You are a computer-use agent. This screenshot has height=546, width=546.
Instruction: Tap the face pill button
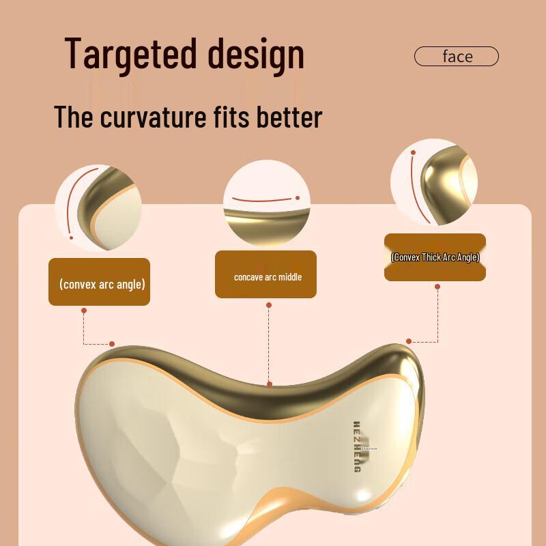457,56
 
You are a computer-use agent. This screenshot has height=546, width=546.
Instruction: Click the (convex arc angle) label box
100,282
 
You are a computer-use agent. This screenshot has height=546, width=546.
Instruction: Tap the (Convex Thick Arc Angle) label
435,257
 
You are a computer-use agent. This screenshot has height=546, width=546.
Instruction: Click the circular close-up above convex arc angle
98,200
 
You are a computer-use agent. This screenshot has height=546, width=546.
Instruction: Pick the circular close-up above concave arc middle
266,203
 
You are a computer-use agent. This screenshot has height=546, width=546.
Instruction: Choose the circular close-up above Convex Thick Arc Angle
434,183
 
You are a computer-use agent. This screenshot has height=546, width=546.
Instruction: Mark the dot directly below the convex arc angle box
84,311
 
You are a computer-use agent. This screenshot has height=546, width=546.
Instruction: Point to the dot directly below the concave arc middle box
269,305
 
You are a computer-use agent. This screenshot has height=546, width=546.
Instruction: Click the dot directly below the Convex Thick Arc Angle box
437,287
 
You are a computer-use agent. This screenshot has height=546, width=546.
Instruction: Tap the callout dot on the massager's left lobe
112,344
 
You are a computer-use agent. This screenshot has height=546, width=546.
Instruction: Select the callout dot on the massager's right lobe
409,341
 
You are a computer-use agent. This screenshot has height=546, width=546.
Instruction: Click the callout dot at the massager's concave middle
270,384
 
